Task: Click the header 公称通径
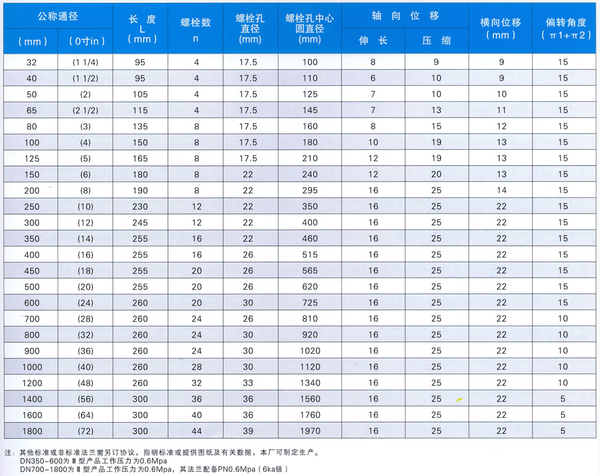click(58, 16)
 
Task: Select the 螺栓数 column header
click(196, 22)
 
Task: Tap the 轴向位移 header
click(405, 16)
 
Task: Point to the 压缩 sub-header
click(436, 41)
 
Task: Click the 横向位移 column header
click(501, 28)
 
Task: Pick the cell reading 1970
click(310, 430)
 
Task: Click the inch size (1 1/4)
click(85, 62)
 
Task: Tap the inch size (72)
click(85, 430)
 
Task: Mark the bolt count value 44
click(196, 430)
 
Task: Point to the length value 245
click(140, 222)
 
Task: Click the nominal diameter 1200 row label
click(32, 382)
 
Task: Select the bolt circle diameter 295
click(310, 190)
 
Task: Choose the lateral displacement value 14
click(502, 190)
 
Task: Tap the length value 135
click(140, 126)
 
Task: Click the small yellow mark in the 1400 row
click(459, 399)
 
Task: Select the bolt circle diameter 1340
click(310, 382)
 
